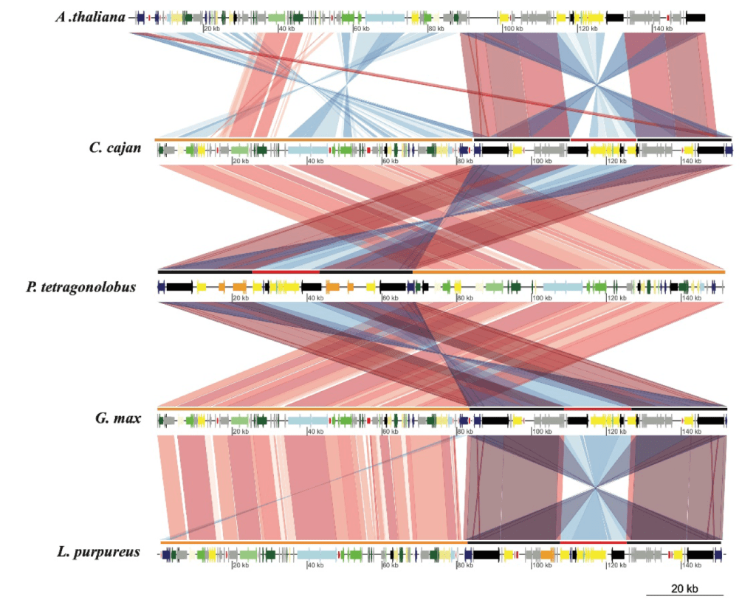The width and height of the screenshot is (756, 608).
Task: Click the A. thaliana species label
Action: point(90,16)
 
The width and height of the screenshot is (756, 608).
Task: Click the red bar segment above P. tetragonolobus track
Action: point(286,272)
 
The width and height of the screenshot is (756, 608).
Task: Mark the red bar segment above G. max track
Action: point(597,408)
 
